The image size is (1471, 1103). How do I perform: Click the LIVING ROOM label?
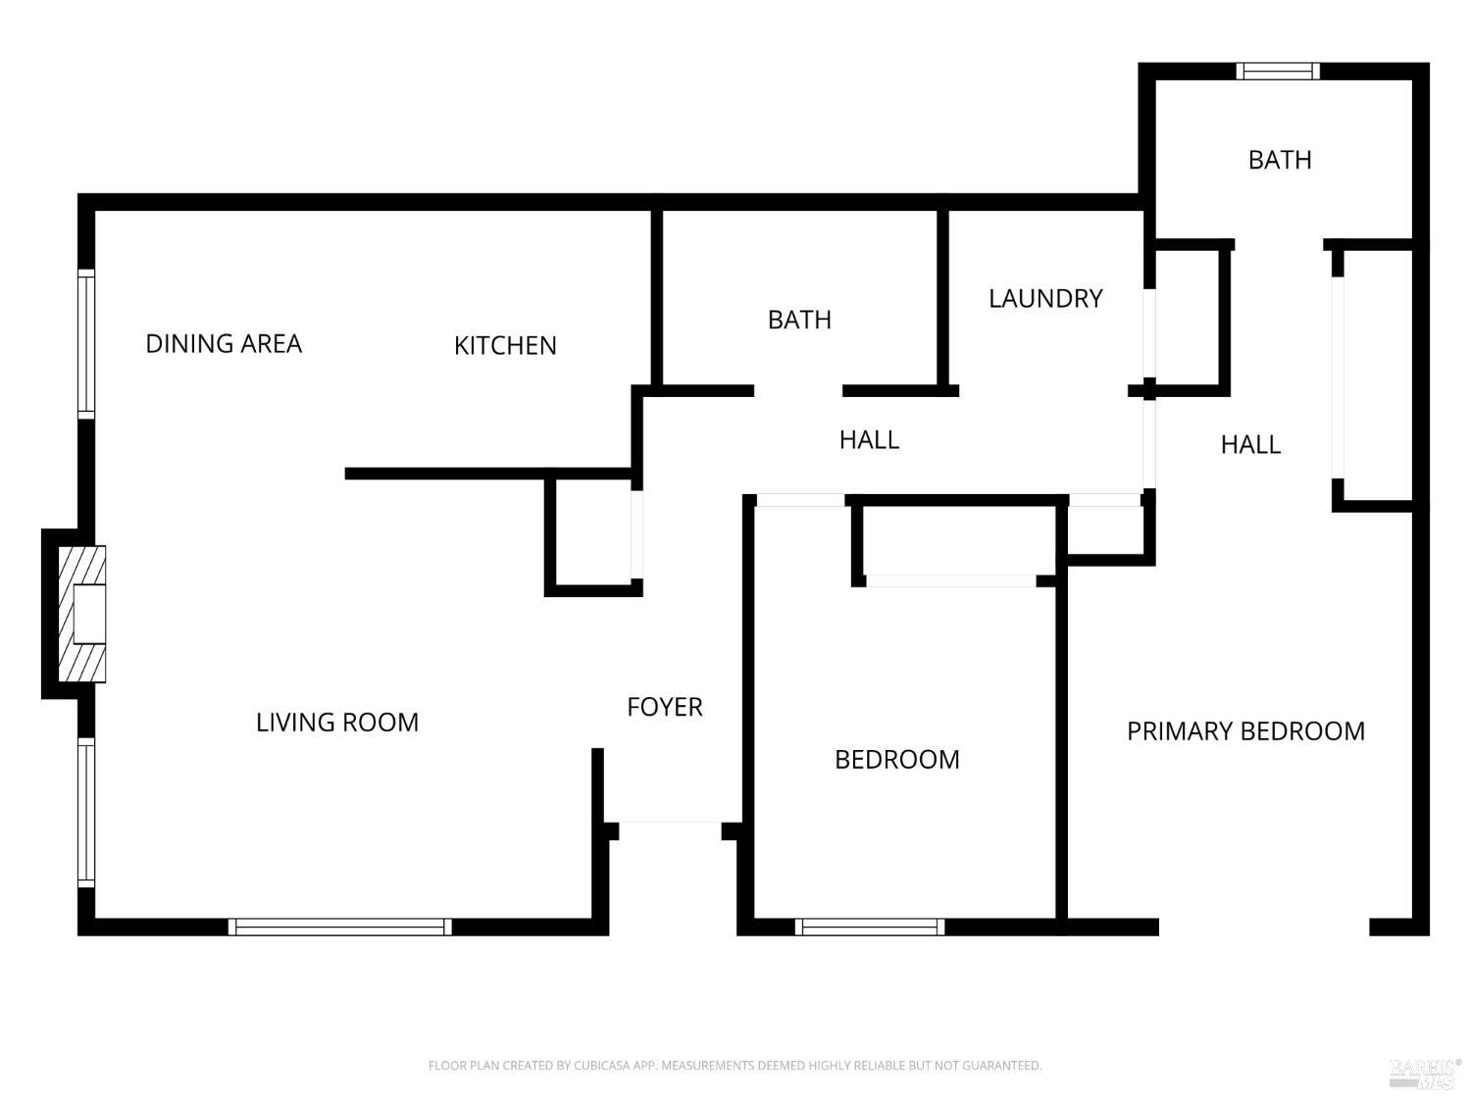[337, 723]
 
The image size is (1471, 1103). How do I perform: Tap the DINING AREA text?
[224, 344]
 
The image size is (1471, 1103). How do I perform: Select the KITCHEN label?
[505, 346]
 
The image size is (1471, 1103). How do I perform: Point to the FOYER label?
[665, 707]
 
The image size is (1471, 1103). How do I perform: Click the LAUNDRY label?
[1045, 299]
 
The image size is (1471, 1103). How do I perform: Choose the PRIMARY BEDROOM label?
[1245, 731]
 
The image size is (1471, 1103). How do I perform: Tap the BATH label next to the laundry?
[799, 321]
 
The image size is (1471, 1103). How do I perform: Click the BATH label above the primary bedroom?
[1280, 160]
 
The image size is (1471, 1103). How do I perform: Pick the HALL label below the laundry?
[869, 440]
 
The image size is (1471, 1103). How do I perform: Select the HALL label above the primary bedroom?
[1250, 445]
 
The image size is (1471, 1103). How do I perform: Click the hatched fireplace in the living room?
[81, 614]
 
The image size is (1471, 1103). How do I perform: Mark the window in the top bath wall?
[1278, 71]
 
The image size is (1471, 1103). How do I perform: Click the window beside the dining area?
[86, 344]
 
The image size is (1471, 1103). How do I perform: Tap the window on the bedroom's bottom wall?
[870, 927]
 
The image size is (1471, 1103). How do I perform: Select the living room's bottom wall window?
[339, 927]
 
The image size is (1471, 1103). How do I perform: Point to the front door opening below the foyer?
[670, 822]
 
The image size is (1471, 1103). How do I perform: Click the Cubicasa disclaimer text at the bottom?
[735, 1065]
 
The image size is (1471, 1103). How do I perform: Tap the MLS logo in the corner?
[1424, 1074]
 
